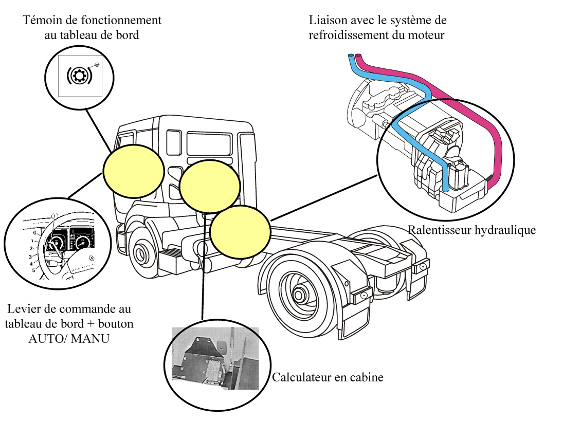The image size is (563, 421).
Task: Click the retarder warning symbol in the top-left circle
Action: pyautogui.click(x=79, y=75)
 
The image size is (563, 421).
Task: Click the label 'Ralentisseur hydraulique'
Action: pyautogui.click(x=471, y=230)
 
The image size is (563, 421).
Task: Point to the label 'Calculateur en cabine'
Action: pyautogui.click(x=328, y=378)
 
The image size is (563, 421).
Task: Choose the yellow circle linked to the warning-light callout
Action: pyautogui.click(x=134, y=171)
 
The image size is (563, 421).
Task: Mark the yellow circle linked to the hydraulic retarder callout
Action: pyautogui.click(x=241, y=232)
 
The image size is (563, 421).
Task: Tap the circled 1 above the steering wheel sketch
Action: pyautogui.click(x=55, y=216)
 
